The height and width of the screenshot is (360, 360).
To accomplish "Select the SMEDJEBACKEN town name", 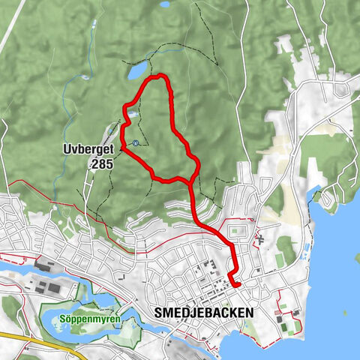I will point(205,311).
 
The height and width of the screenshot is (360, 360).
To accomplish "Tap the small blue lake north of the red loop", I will point(138,70).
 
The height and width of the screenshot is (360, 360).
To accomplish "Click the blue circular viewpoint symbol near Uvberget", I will point(135,142).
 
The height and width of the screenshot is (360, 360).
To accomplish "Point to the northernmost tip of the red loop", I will point(157,76).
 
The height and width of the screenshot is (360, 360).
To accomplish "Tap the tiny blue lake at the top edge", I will point(165,4).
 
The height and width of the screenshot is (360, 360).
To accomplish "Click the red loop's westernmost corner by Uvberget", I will point(121,147).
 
